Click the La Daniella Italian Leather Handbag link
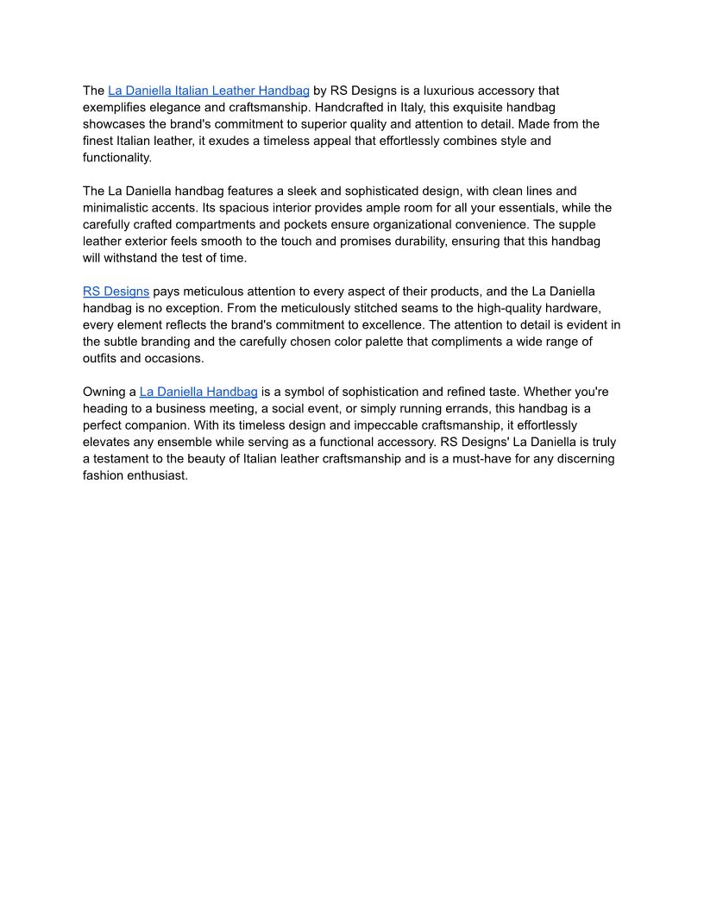tap(209, 91)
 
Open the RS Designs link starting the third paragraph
tap(116, 292)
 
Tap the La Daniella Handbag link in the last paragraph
tap(198, 392)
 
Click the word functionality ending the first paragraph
tap(116, 157)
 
